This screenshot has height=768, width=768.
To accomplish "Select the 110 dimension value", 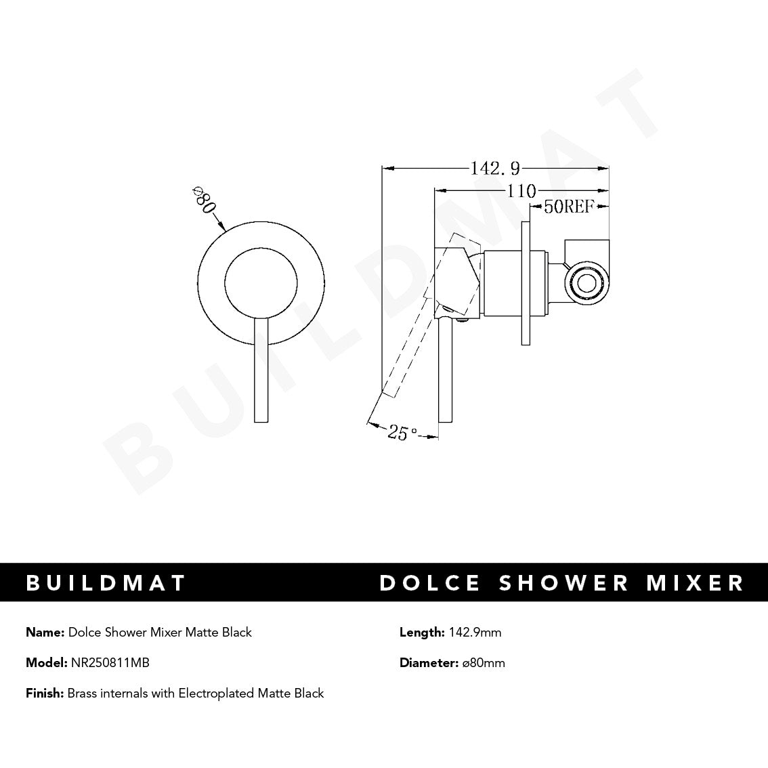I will (x=521, y=191).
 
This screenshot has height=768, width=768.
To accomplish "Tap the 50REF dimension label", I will (x=568, y=207).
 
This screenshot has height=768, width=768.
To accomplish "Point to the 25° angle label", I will (x=402, y=431).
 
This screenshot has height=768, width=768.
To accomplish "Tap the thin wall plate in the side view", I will (x=526, y=283).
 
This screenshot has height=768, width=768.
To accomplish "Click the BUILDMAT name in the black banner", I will (x=106, y=582).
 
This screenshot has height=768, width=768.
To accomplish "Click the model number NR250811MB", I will (x=110, y=663).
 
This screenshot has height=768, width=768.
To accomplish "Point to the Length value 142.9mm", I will (x=475, y=633).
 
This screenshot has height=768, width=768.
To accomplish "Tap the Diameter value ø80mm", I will (x=484, y=663).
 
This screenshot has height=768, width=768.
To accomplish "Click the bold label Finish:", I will (x=45, y=694).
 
